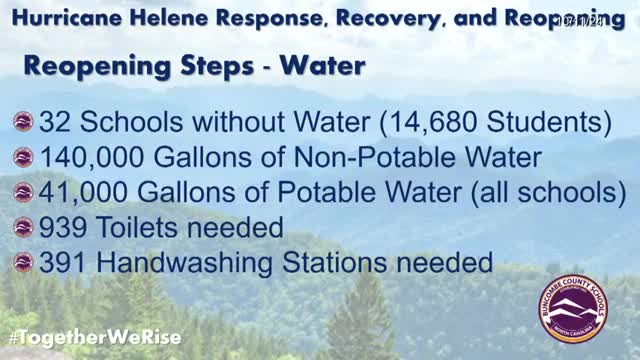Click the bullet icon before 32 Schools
[x=22, y=122]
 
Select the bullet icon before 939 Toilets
[x=22, y=228]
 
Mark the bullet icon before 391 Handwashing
[x=22, y=264]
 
